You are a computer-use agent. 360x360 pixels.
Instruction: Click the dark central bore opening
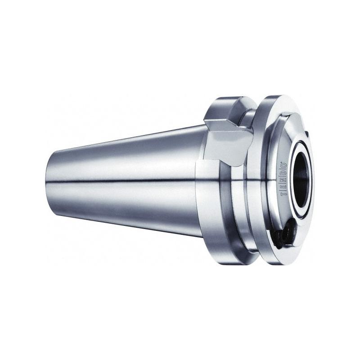[301, 180]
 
